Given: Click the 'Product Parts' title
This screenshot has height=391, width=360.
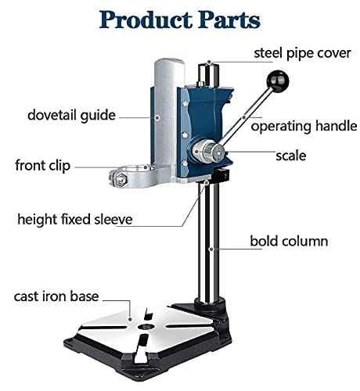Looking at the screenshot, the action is (x=179, y=20).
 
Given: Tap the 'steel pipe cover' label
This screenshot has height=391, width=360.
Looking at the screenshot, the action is (x=302, y=53).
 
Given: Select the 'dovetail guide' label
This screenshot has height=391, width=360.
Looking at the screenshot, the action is (x=71, y=115).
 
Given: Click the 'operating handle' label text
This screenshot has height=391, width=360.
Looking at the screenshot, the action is (x=304, y=126).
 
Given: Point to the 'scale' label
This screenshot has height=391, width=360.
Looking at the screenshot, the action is (x=291, y=156).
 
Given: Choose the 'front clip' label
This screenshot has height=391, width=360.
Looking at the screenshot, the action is (x=43, y=166).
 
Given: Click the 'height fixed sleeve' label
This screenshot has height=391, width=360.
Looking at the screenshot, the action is (x=75, y=219).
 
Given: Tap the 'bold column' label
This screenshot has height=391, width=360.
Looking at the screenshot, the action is (x=289, y=241).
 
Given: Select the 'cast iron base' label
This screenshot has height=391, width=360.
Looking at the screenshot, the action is (x=56, y=296).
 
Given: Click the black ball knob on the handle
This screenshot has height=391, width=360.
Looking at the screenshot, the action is (x=278, y=81).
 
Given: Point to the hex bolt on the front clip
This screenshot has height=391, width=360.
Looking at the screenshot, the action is (x=121, y=179).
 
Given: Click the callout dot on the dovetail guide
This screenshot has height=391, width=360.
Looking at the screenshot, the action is (x=157, y=117).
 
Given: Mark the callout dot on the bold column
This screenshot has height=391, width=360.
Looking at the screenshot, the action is (x=211, y=249).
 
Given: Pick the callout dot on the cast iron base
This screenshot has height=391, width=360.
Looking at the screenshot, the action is (x=130, y=319).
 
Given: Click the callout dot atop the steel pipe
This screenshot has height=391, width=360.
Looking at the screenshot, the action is (x=209, y=62).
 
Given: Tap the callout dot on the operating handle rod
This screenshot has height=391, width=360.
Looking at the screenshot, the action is (x=244, y=117).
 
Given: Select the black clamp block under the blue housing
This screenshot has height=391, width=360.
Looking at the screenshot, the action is (x=221, y=176).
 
